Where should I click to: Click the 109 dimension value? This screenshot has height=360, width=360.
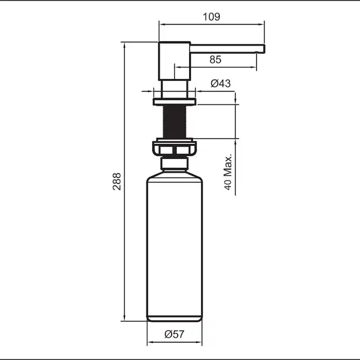pos(211,17)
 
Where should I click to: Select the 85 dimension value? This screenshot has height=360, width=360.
pos(215,60)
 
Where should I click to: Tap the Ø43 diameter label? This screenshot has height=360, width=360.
pos(220,83)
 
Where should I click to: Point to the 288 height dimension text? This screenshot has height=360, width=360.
pos(117,181)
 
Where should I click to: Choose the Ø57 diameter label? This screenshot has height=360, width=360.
pos(174,334)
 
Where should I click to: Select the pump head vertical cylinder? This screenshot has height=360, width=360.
pos(174,61)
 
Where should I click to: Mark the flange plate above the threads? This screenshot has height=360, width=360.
pos(174,102)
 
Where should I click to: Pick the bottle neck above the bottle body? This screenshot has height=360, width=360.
pos(174,164)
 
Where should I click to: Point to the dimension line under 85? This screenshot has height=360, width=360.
pos(215,67)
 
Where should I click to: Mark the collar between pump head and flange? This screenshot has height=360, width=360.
pos(174,90)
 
